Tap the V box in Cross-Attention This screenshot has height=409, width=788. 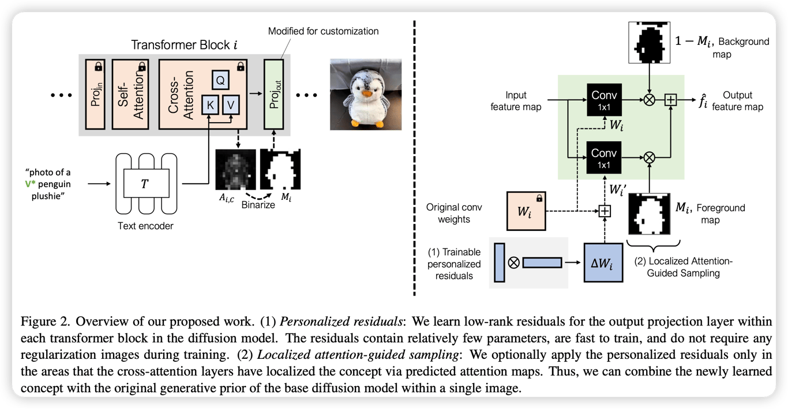coord(230,105)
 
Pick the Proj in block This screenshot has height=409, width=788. coord(93,94)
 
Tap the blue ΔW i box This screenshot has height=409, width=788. coord(603,262)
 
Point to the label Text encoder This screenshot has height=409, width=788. coord(145,226)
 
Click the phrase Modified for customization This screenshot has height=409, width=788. coord(324,31)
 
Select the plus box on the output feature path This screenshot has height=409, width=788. coord(670,100)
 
